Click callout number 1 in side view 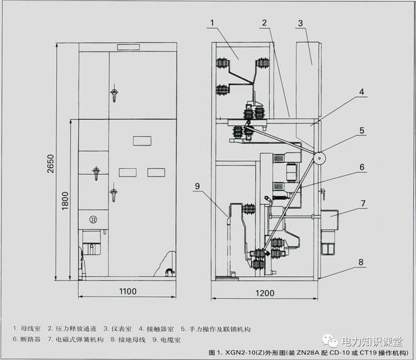click(212, 23)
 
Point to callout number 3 click(301, 23)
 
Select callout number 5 click(362, 131)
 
